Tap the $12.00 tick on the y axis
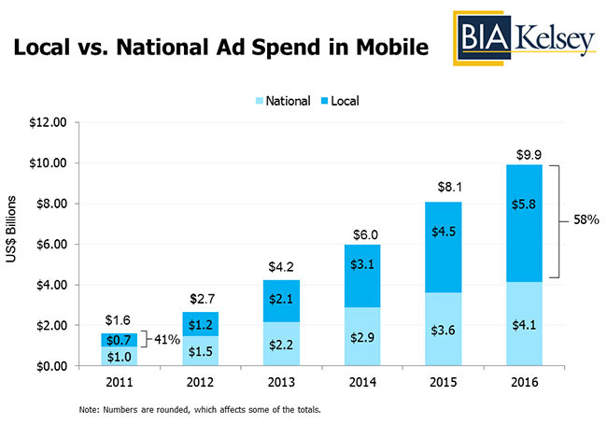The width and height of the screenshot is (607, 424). click(47, 122)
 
